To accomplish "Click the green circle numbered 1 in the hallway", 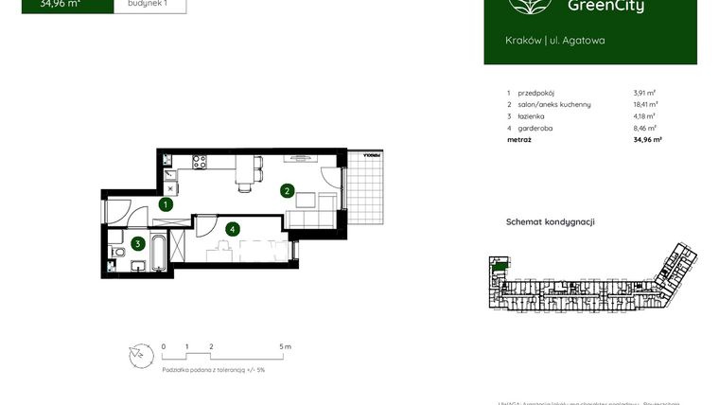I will [166, 203].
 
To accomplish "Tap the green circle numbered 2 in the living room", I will [287, 190].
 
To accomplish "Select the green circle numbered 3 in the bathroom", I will [138, 243].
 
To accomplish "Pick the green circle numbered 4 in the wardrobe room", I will [231, 227].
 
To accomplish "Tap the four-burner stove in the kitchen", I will [201, 162].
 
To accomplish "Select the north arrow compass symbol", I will [140, 354].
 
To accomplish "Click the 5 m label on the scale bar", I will [287, 347].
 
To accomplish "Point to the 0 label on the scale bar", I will [164, 347].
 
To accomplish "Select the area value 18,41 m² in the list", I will [645, 105].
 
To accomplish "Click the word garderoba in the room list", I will [536, 128].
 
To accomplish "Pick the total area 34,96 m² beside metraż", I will [646, 139].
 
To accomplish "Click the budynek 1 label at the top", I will [148, 4].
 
